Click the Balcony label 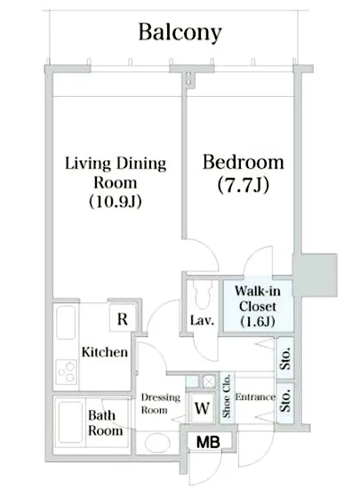[x=180, y=32]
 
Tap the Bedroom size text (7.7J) [x=244, y=185]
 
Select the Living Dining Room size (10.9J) [x=116, y=202]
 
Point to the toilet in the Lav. [x=203, y=293]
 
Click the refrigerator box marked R [x=123, y=318]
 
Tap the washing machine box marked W [x=202, y=407]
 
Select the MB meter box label [x=208, y=442]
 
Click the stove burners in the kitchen [x=66, y=372]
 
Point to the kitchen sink [x=66, y=322]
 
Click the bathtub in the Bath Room [x=71, y=421]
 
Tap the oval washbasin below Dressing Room [x=157, y=443]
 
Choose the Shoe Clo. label [x=227, y=396]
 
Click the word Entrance [x=255, y=397]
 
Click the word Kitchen [x=105, y=352]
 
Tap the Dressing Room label [x=161, y=404]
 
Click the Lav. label [x=203, y=320]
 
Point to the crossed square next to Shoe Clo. [x=209, y=381]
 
